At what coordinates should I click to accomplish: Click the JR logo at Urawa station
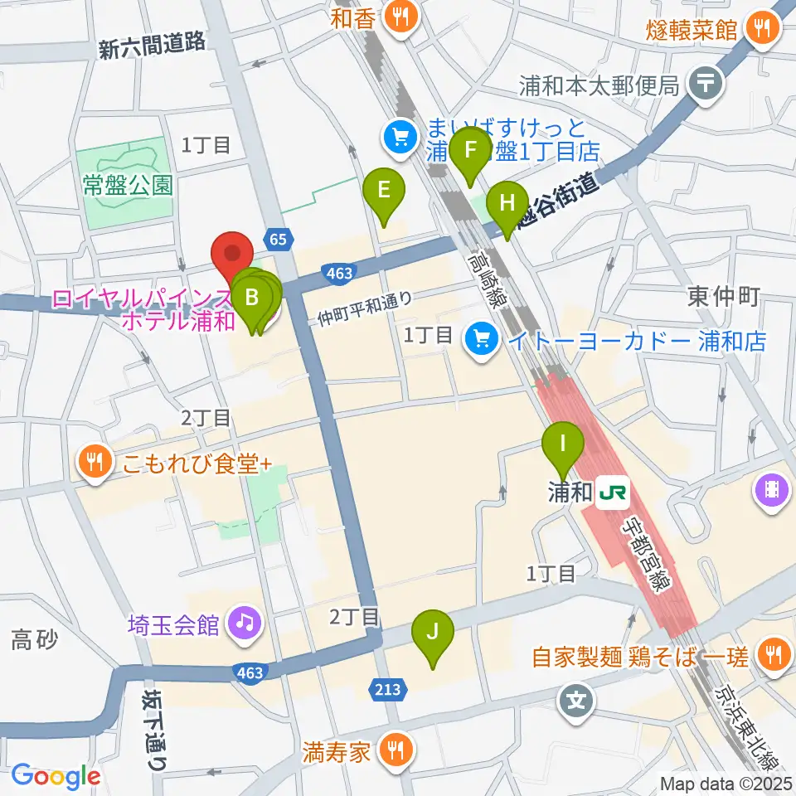(x=613, y=493)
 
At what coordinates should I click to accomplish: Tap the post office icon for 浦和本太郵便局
(x=706, y=83)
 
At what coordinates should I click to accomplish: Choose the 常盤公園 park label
(x=128, y=184)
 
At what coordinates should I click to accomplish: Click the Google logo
(x=56, y=775)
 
